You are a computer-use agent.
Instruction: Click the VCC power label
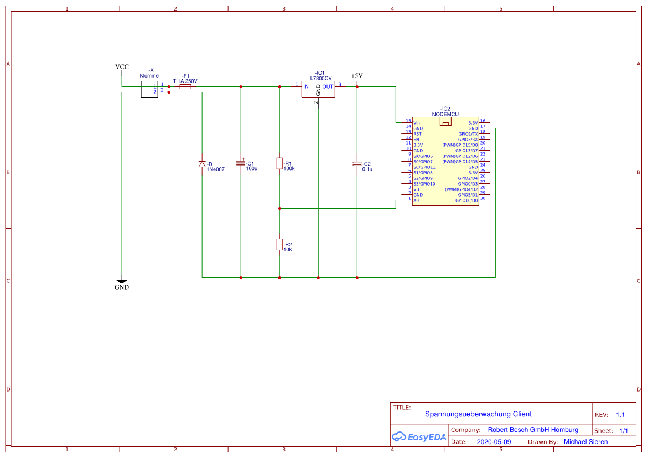[122, 67]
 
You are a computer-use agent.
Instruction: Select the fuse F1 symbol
[185, 87]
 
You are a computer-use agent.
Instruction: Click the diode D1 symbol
[202, 164]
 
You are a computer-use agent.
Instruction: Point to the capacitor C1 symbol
[241, 163]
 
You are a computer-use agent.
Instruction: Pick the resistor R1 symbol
[279, 163]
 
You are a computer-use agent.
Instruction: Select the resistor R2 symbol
[279, 244]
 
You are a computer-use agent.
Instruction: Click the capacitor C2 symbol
[357, 164]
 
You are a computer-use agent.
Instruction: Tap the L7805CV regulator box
[318, 89]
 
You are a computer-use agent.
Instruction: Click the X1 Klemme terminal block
[149, 89]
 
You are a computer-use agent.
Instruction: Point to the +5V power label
[356, 76]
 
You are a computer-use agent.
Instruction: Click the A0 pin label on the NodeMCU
[416, 200]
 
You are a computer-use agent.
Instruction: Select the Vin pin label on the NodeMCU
[417, 123]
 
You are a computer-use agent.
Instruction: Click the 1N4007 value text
[215, 169]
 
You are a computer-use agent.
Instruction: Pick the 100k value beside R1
[289, 168]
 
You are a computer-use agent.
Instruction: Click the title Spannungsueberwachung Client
[478, 414]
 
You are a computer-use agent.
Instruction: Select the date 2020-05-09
[494, 442]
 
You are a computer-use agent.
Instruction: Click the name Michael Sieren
[585, 442]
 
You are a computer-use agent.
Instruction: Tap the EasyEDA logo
[419, 437]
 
